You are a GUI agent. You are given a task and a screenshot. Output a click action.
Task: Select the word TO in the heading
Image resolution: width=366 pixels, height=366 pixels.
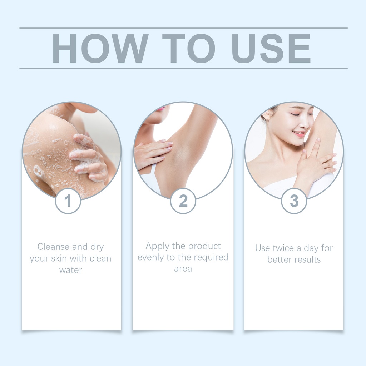(189, 48)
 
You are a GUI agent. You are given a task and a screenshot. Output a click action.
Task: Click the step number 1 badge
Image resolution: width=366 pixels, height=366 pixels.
(68, 201)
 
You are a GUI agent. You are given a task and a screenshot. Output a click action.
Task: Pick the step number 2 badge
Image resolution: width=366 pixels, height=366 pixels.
(183, 201)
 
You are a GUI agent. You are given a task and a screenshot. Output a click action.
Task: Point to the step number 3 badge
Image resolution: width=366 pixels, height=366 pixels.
(294, 201)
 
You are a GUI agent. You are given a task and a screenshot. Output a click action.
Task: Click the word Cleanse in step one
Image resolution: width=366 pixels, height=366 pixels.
(54, 247)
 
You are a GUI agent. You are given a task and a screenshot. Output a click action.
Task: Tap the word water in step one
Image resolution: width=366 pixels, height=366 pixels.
(70, 270)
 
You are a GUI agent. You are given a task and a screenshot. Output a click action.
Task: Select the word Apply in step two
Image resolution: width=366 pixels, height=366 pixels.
(158, 247)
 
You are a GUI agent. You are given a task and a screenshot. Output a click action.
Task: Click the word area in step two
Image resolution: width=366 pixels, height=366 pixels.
(183, 269)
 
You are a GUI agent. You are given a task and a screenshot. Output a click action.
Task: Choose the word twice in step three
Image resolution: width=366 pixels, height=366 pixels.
(283, 248)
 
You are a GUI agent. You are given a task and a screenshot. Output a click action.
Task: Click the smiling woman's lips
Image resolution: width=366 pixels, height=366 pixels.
(298, 134)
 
